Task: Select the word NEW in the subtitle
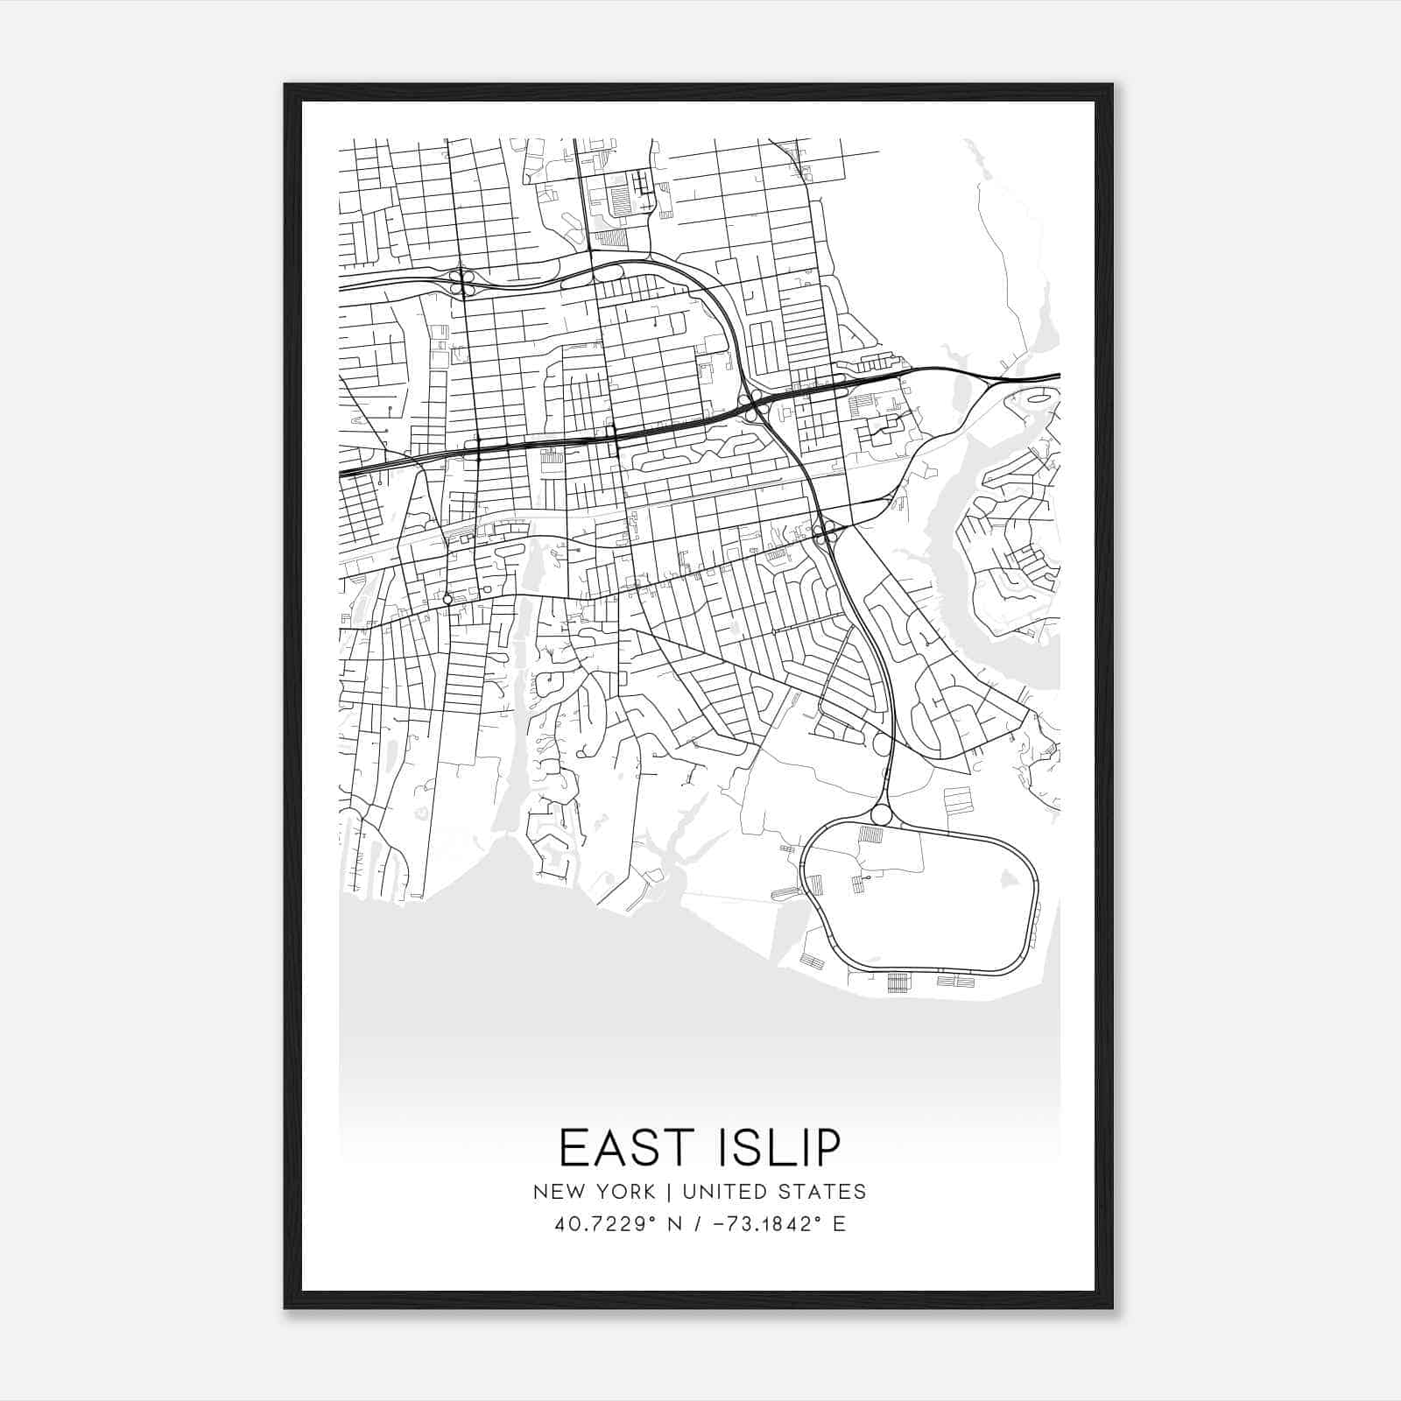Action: tap(556, 1192)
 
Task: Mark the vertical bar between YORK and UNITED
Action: tap(667, 1192)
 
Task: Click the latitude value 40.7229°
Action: tap(604, 1223)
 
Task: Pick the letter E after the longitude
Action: tap(840, 1223)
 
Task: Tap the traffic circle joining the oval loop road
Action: tap(881, 815)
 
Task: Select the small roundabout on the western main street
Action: tap(447, 600)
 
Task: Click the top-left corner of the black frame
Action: tap(285, 85)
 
